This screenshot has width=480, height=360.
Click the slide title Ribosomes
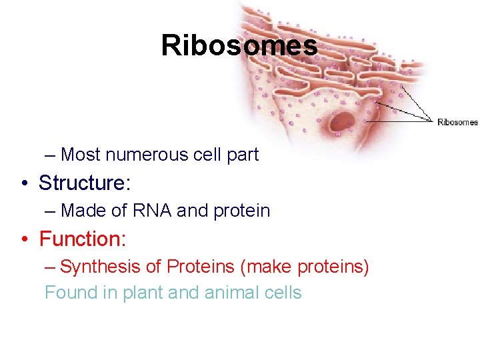coord(239,46)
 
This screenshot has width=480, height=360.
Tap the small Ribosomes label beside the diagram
coord(457,122)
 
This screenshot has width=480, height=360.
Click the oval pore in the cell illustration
coord(343,122)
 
